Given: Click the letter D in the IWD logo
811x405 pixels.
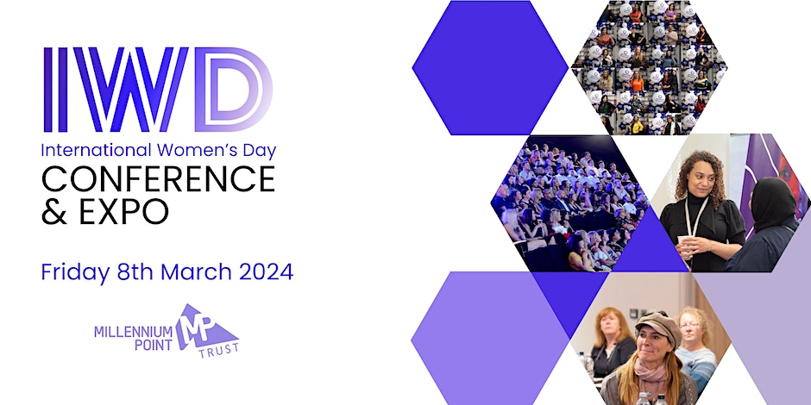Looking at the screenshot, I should point(231,90).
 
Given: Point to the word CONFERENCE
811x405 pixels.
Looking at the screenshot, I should point(158,179).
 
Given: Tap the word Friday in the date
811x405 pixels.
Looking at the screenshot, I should point(73,272).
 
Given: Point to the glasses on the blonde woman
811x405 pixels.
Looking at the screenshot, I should point(690,326).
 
